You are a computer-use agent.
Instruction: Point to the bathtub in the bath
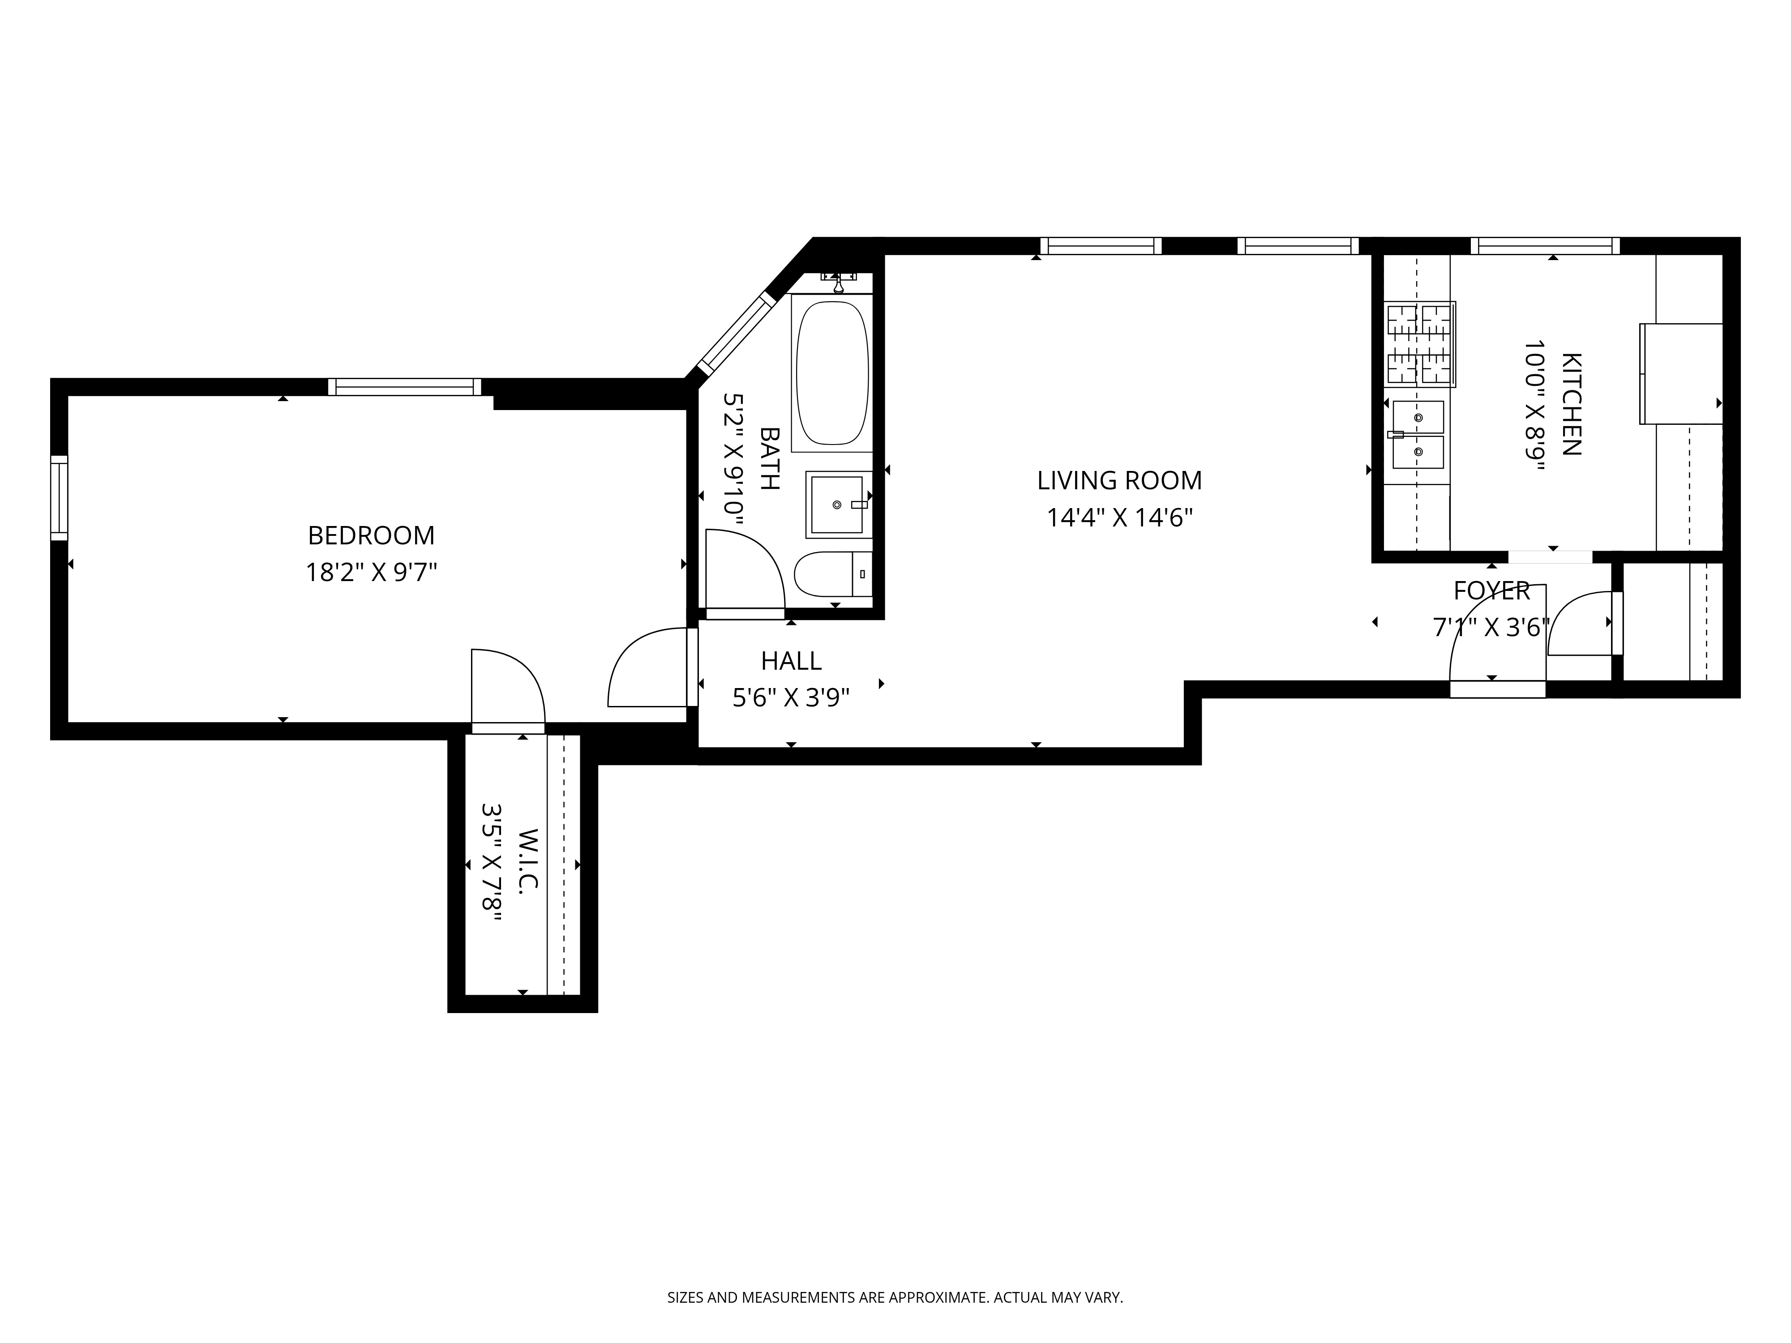[x=832, y=372]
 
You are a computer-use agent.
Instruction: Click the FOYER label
[x=1491, y=591]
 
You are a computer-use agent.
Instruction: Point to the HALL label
[x=791, y=661]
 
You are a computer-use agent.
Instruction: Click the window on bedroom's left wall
[x=59, y=497]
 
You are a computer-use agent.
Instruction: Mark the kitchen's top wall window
[x=1545, y=246]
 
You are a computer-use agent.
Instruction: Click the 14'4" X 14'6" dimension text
[x=1120, y=518]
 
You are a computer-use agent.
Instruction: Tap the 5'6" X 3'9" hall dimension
[x=791, y=698]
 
